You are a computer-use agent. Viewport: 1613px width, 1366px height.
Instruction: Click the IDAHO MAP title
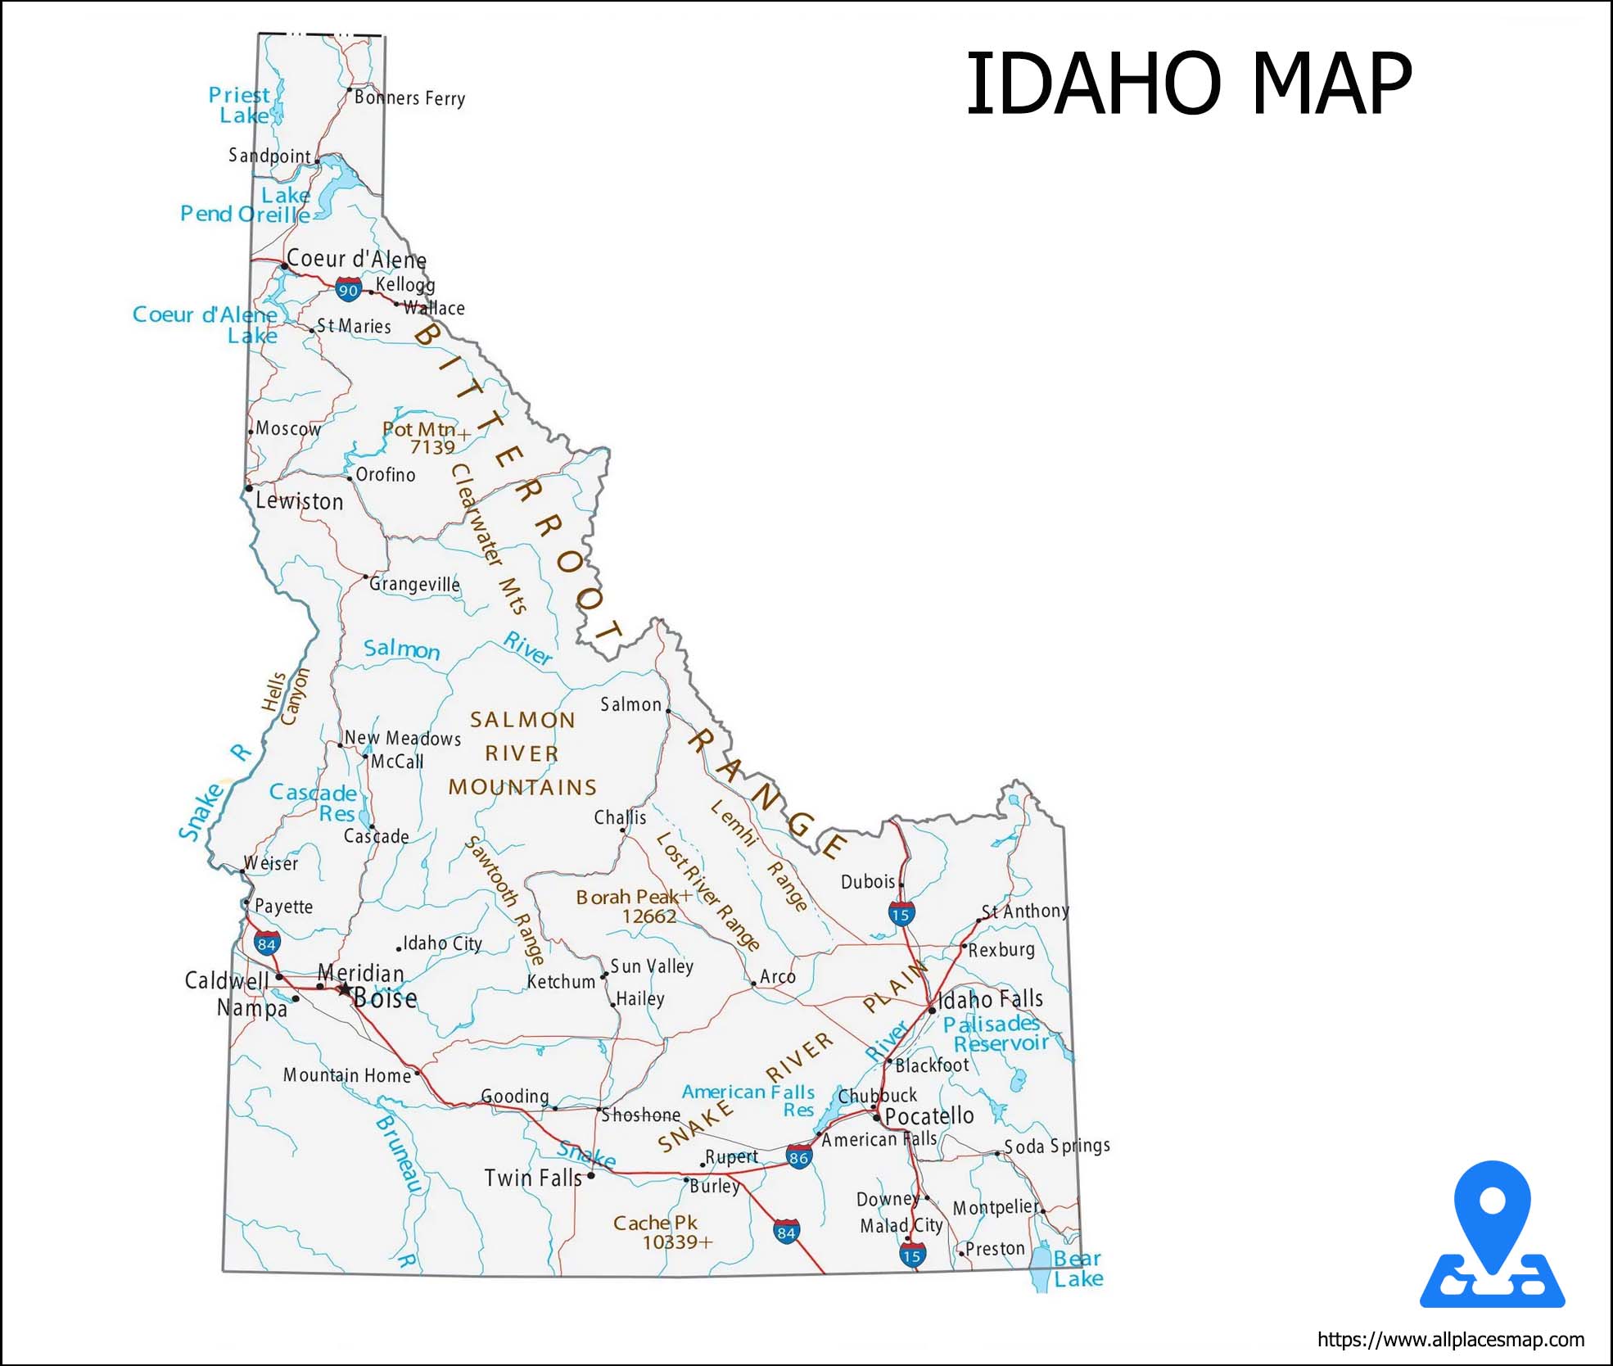(1188, 84)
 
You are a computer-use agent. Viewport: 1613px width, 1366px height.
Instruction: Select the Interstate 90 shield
(349, 289)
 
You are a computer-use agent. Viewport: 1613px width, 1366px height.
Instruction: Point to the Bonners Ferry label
(409, 98)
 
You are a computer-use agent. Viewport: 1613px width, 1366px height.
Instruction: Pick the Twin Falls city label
(532, 1178)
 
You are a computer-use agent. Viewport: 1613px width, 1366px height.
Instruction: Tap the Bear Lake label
(1078, 1269)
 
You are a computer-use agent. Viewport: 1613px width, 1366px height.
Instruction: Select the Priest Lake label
(239, 106)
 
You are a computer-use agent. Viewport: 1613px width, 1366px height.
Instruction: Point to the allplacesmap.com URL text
(1450, 1340)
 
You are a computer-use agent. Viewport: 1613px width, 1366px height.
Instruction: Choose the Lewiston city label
(299, 501)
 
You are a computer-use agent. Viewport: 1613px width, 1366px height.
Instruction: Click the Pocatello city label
(929, 1116)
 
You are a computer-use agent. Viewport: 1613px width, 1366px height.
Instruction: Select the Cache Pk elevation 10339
(676, 1242)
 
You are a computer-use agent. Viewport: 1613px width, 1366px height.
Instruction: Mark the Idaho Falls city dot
(932, 1010)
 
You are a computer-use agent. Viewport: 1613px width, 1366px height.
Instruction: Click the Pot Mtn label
(419, 429)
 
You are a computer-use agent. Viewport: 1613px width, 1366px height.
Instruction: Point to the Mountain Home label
(347, 1075)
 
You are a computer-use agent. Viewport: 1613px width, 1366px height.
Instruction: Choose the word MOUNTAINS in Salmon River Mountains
(522, 787)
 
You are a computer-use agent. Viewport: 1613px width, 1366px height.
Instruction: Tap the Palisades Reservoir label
(996, 1034)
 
